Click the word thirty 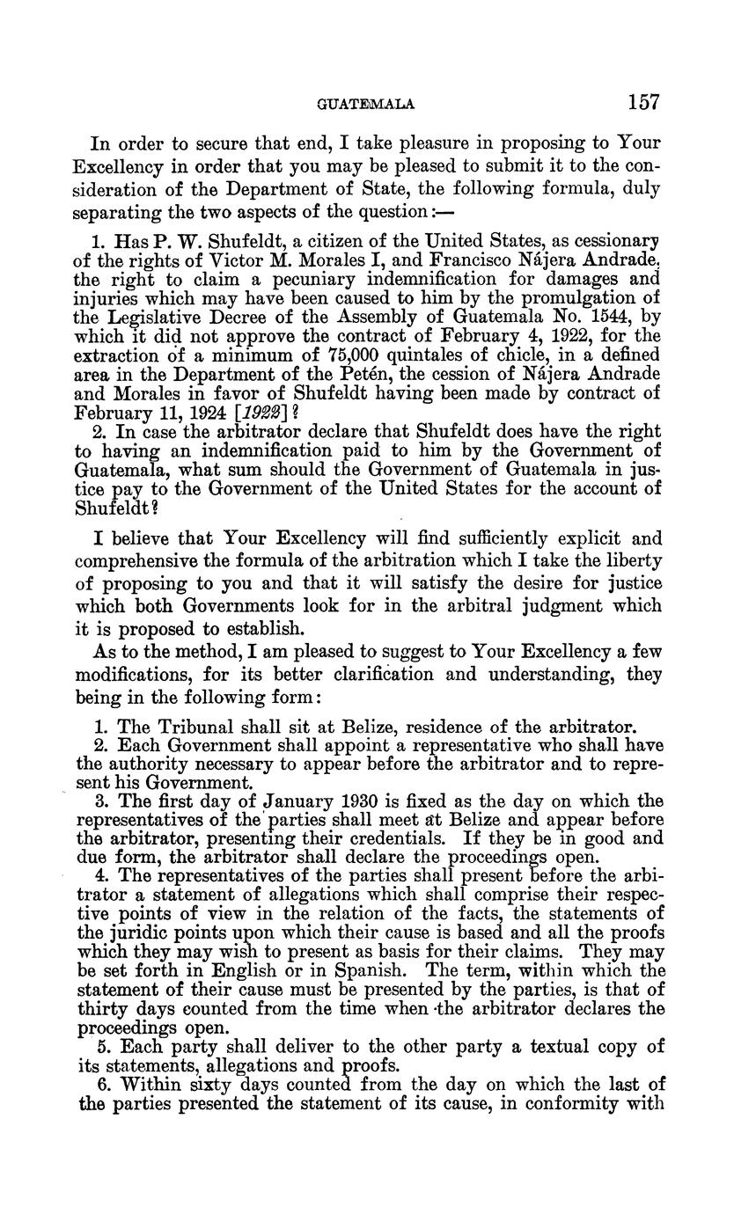[103, 1008]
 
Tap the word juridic [141, 932]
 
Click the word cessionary [612, 240]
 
